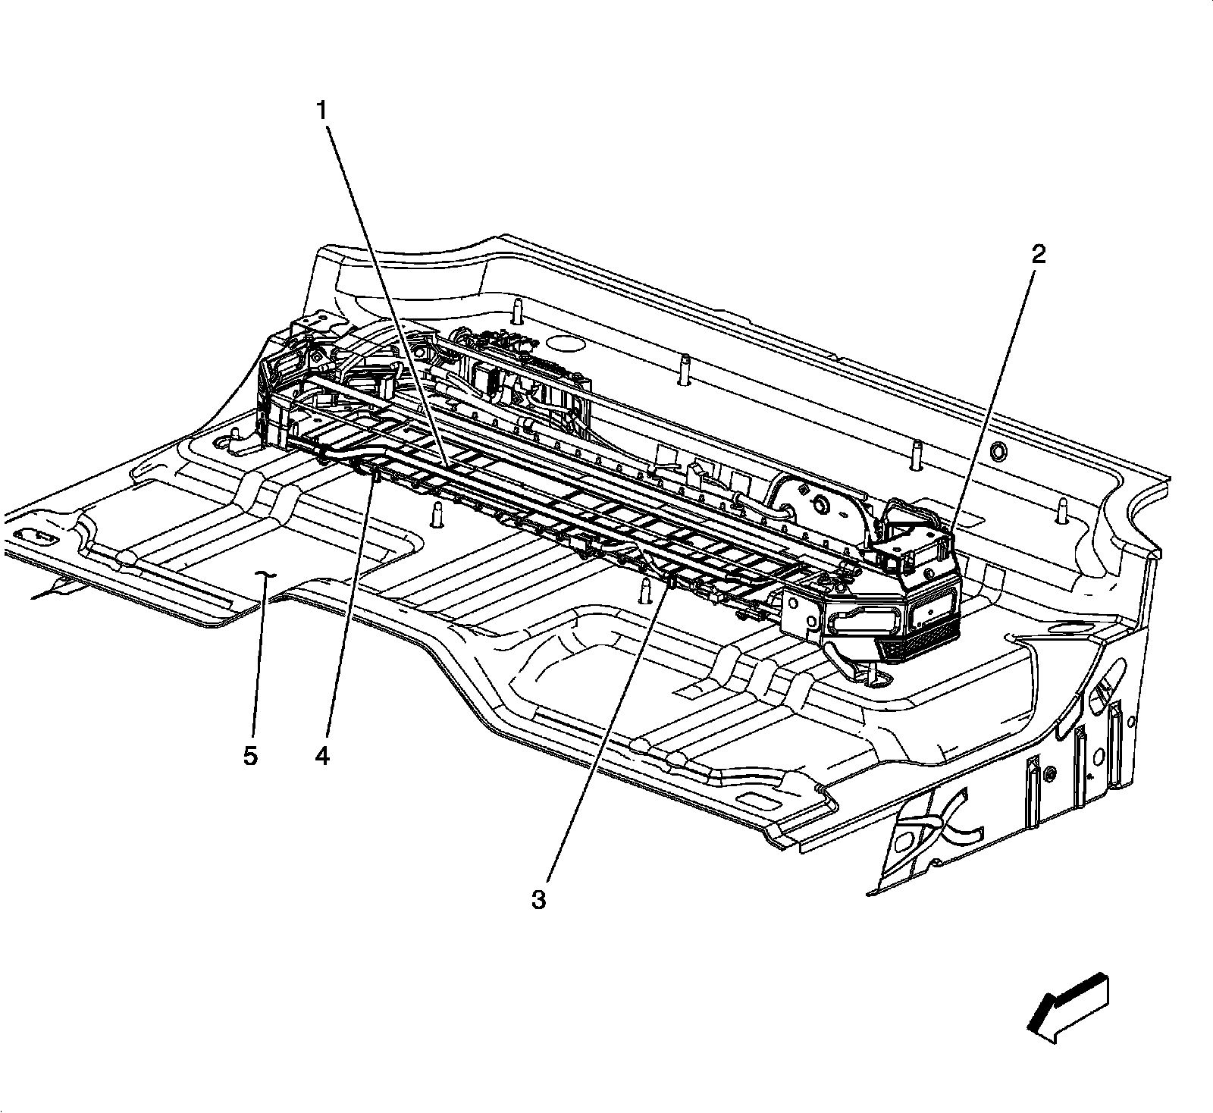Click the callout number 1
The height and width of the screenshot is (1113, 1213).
(322, 111)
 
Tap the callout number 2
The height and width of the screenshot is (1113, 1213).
(1038, 254)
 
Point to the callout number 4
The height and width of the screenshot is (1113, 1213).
(323, 756)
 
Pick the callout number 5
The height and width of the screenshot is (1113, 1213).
(250, 756)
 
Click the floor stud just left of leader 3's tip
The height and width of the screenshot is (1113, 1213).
(645, 588)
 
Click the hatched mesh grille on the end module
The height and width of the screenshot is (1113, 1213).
(917, 647)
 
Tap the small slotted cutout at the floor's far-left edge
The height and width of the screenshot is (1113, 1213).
(34, 535)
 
